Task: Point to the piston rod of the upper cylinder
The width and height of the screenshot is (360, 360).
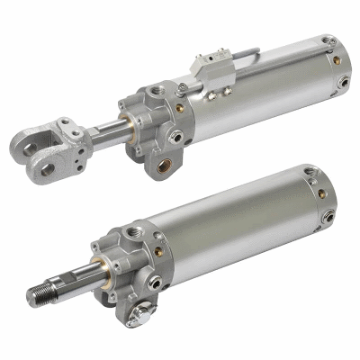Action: coord(113,133)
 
